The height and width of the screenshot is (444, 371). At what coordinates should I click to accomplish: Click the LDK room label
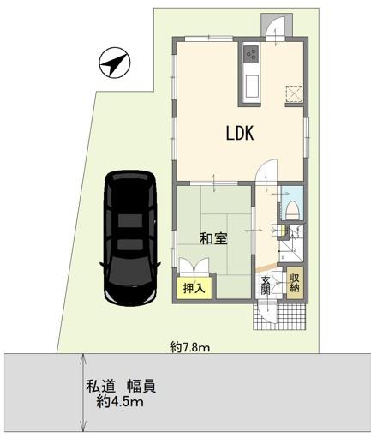(240, 133)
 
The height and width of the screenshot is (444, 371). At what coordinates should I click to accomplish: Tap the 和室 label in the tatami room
(213, 239)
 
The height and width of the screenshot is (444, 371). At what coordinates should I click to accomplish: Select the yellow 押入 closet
(194, 288)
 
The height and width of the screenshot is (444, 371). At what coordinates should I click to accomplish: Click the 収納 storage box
(294, 283)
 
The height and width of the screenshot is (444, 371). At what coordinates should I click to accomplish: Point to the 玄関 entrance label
(266, 285)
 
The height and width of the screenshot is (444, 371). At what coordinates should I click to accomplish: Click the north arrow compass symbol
(115, 63)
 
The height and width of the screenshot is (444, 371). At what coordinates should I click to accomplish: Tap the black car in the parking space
(130, 238)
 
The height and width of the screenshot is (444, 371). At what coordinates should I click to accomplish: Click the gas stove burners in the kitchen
(251, 54)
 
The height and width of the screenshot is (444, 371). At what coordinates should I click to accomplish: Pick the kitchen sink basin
(252, 87)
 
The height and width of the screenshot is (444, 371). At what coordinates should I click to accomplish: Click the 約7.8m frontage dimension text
(190, 347)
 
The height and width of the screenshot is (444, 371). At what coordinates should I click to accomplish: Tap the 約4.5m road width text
(120, 402)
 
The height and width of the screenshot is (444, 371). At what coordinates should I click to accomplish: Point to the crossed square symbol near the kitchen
(294, 93)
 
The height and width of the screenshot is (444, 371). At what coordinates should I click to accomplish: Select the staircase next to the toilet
(290, 243)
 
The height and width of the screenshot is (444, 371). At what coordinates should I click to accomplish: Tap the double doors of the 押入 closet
(194, 267)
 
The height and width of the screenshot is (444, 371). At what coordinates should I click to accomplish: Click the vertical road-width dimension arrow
(83, 393)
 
